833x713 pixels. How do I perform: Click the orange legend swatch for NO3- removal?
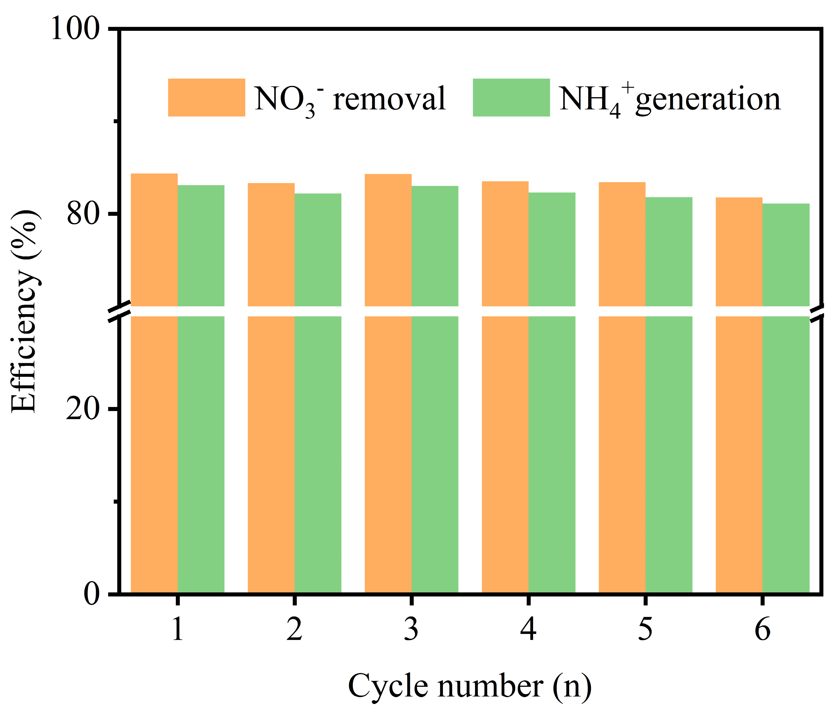(x=206, y=98)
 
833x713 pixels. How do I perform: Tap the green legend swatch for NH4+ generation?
(x=511, y=98)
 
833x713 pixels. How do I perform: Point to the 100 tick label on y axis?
(x=75, y=29)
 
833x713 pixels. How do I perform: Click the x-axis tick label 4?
(x=528, y=629)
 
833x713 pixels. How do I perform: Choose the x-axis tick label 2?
(x=294, y=629)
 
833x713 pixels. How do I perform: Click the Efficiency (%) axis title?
(x=25, y=311)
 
